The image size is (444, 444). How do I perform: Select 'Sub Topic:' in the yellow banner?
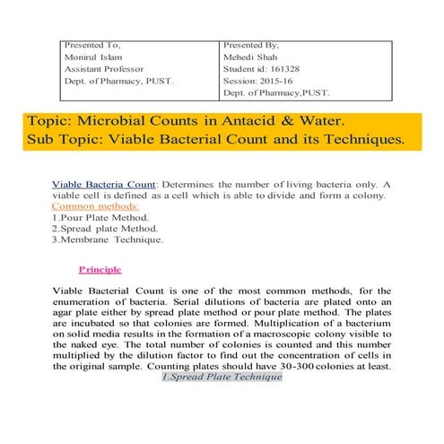pos(66,140)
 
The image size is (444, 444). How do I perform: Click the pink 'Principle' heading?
pos(100,269)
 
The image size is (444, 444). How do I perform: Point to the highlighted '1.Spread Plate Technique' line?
pos(222,378)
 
